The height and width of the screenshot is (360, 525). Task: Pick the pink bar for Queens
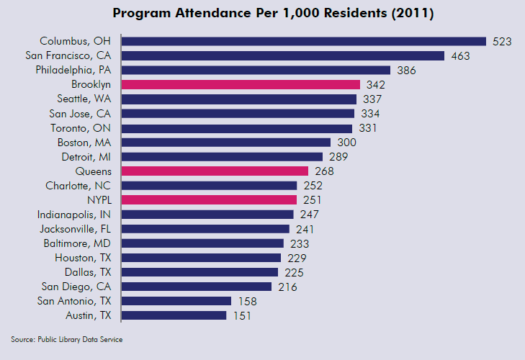tap(215, 171)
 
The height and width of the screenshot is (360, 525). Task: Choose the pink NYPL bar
tap(209, 199)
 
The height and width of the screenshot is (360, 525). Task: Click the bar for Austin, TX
tap(174, 315)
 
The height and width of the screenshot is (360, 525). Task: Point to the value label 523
tap(502, 41)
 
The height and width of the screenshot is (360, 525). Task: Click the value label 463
tap(459, 55)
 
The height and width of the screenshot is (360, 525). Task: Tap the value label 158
tap(246, 301)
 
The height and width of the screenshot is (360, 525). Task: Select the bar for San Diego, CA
tap(196, 287)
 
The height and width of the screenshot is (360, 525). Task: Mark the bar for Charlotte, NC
tap(209, 185)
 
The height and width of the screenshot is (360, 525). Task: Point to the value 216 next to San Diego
tap(287, 287)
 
